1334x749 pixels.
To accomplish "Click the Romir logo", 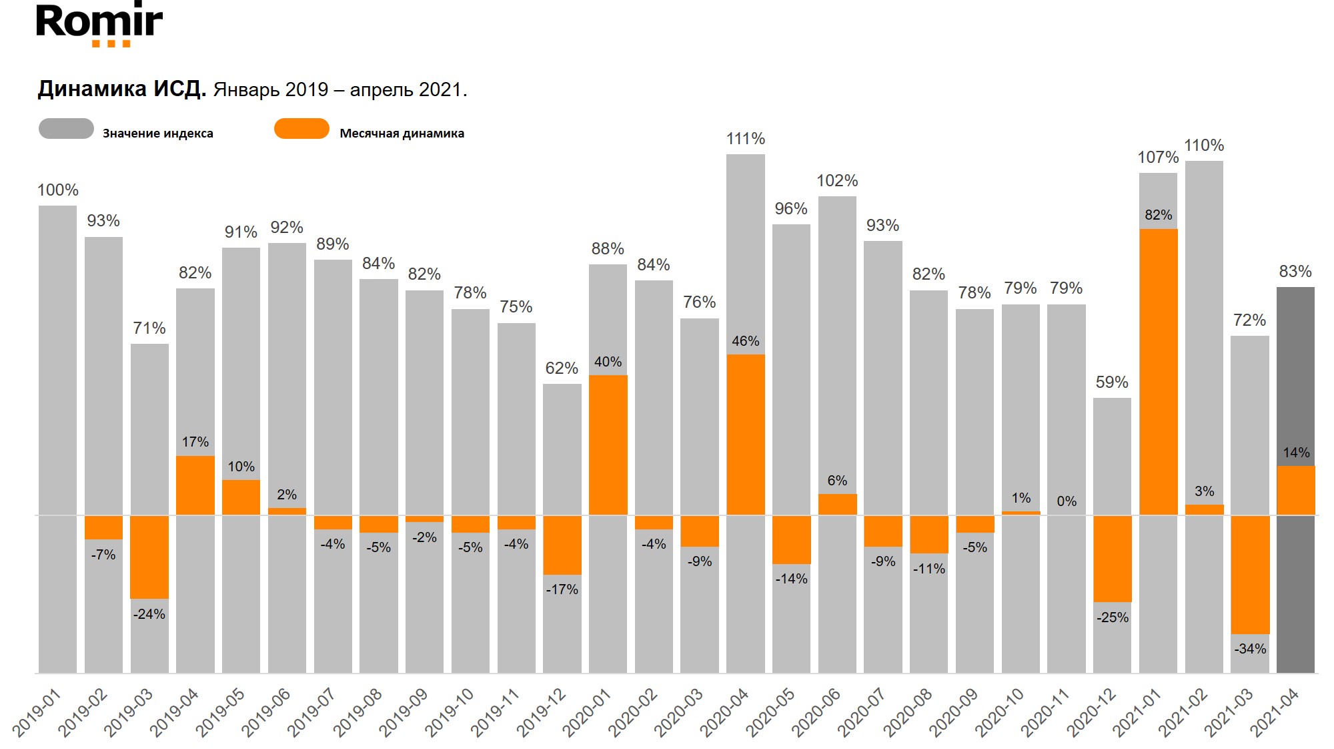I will point(99,25).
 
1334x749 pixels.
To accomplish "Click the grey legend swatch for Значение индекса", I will point(66,129).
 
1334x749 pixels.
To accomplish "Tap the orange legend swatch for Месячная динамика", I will point(301,129).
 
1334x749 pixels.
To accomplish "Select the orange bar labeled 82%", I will point(1158,371).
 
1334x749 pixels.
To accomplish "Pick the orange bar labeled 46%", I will point(745,434).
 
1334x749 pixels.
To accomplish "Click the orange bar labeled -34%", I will point(1249,574).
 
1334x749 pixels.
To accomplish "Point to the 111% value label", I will point(745,139).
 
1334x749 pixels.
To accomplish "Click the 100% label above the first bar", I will point(58,190).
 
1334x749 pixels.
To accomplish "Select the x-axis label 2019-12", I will point(542,713).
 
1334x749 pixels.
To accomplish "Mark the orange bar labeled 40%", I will point(608,445).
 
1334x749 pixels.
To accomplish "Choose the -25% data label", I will point(1112,617).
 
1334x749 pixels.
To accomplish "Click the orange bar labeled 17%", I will point(195,485).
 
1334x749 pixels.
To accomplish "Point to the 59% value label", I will point(1112,383).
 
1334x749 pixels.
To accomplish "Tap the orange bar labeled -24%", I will point(149,557).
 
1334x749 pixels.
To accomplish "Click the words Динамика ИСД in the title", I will point(121,89).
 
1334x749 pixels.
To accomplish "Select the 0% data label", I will point(1066,501).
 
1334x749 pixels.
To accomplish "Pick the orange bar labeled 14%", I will point(1295,490).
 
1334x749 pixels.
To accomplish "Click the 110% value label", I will point(1203,146).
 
